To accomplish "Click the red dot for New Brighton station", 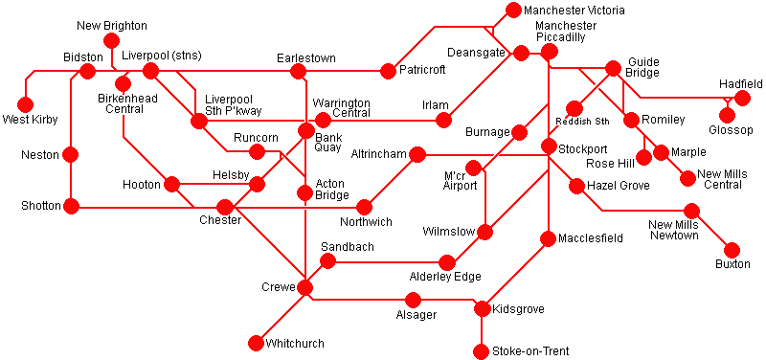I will pyautogui.click(x=111, y=43).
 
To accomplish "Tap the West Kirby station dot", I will pyautogui.click(x=25, y=104).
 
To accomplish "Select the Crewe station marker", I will pyautogui.click(x=304, y=287).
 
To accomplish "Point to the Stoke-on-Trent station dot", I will pyautogui.click(x=482, y=351).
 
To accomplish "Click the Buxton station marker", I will pyautogui.click(x=732, y=250).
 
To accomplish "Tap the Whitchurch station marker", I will pyautogui.click(x=255, y=343).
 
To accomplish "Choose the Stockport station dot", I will pyautogui.click(x=549, y=146).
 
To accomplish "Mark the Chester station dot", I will pyautogui.click(x=225, y=207).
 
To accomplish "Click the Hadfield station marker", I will pyautogui.click(x=742, y=99).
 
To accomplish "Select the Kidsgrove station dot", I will pyautogui.click(x=482, y=308).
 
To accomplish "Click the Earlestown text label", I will pyautogui.click(x=305, y=58).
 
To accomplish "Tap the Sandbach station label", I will pyautogui.click(x=348, y=247).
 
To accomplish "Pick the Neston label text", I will pyautogui.click(x=39, y=154).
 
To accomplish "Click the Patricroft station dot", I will pyautogui.click(x=388, y=71).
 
